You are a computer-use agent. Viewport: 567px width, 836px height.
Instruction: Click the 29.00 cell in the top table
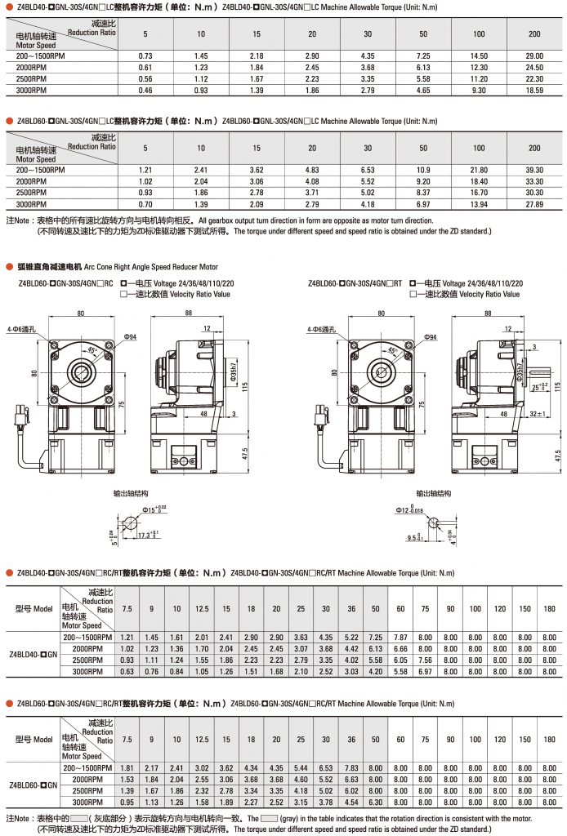click(x=534, y=56)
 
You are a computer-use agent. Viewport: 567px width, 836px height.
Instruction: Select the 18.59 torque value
click(x=534, y=90)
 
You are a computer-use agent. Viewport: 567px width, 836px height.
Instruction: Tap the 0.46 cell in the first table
click(x=145, y=90)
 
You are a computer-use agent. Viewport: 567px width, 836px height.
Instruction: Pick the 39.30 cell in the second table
click(x=534, y=170)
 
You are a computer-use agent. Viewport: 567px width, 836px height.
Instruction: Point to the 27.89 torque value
click(x=534, y=204)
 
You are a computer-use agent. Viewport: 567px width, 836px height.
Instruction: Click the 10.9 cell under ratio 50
click(x=423, y=170)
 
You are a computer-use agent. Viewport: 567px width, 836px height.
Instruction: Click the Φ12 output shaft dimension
click(x=409, y=510)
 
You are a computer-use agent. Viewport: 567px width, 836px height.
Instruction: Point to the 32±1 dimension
click(x=537, y=414)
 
